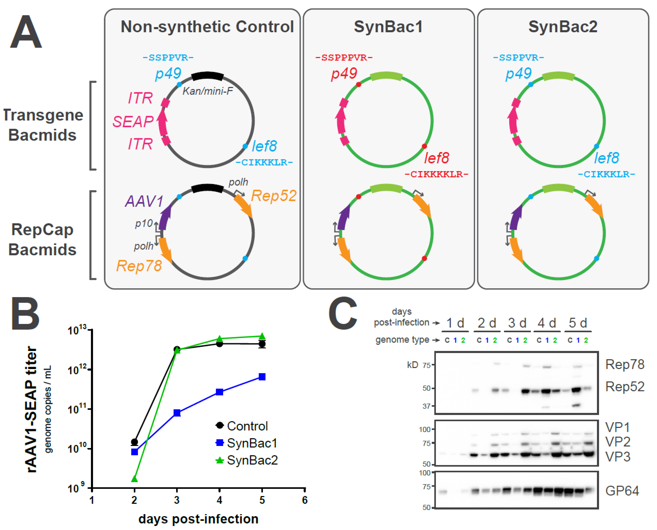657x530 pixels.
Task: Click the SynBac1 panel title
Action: point(388,27)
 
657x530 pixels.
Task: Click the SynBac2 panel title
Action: point(563,27)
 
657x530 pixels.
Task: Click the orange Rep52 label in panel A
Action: point(274,196)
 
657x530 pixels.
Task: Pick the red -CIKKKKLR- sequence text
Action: point(436,174)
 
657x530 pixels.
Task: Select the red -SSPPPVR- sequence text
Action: point(344,57)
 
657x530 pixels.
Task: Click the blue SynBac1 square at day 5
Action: point(262,377)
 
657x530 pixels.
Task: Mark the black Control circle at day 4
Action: point(219,344)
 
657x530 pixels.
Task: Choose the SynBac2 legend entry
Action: point(247,460)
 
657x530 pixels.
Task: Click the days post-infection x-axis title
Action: point(198,519)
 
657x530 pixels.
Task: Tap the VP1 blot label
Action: point(617,427)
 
